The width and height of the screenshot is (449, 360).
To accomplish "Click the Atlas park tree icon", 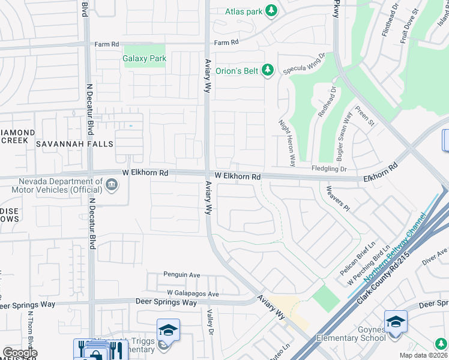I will tap(271, 11).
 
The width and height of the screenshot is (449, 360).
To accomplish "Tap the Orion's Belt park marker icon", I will tap(268, 71).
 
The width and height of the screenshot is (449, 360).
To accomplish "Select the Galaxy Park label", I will tap(144, 59).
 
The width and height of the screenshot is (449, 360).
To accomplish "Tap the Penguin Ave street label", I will tap(182, 274).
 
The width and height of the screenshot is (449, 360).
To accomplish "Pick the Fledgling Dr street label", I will tap(330, 169).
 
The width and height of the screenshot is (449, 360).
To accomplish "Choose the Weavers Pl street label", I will tap(337, 197).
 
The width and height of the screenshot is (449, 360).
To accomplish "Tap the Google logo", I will tap(20, 353).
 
